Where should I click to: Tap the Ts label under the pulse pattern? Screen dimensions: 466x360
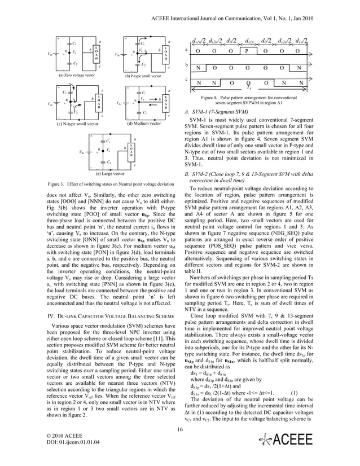click(x=249, y=88)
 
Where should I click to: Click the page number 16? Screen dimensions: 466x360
click(x=179, y=430)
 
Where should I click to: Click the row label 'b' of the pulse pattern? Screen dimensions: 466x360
click(x=187, y=65)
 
